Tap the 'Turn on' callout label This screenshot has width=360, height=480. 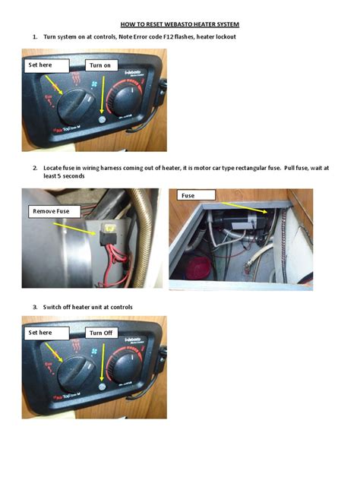(x=100, y=65)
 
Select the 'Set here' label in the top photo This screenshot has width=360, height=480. (x=41, y=65)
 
